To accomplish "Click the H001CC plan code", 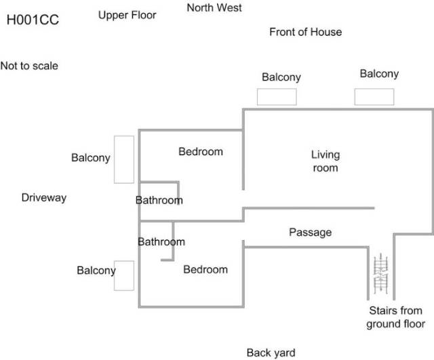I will pyautogui.click(x=33, y=20).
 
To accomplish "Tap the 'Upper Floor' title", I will pyautogui.click(x=127, y=15).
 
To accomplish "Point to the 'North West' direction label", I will pyautogui.click(x=214, y=8).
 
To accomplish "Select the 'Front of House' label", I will pyautogui.click(x=305, y=32).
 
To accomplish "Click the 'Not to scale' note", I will pyautogui.click(x=29, y=66).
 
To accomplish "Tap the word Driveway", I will pyautogui.click(x=44, y=197).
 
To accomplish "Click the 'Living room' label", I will pyautogui.click(x=325, y=161).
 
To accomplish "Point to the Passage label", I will pyautogui.click(x=311, y=233).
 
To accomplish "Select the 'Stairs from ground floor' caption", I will pyautogui.click(x=395, y=317).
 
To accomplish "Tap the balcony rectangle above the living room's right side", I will pyautogui.click(x=373, y=97).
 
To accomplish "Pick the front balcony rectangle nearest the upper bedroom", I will pyautogui.click(x=277, y=97).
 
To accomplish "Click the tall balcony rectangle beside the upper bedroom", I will pyautogui.click(x=123, y=159).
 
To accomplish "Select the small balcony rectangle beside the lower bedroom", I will pyautogui.click(x=123, y=275).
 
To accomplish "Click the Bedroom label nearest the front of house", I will pyautogui.click(x=201, y=151).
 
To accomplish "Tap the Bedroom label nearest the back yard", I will pyautogui.click(x=205, y=269).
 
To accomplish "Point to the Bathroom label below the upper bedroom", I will pyautogui.click(x=159, y=200).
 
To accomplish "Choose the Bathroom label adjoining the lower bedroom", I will pyautogui.click(x=161, y=241).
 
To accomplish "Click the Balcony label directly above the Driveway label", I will pyautogui.click(x=90, y=158).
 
